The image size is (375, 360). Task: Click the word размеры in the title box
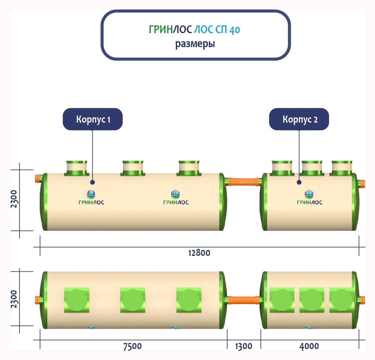click(x=195, y=44)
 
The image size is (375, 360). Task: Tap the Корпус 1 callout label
click(x=93, y=119)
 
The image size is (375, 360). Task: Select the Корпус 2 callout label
click(x=299, y=119)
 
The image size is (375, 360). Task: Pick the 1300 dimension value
click(x=243, y=346)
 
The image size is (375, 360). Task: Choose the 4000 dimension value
click(x=309, y=346)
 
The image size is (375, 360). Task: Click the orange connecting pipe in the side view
click(x=244, y=181)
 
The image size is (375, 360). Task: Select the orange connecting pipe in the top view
click(x=244, y=299)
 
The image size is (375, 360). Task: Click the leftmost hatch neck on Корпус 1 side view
click(x=76, y=168)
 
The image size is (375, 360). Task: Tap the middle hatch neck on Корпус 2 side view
click(x=312, y=168)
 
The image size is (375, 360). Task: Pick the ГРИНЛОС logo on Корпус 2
click(x=309, y=198)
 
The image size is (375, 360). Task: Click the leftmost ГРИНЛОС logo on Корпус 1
click(x=91, y=198)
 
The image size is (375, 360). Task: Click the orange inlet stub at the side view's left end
click(x=37, y=180)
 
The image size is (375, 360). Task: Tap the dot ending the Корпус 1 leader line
click(x=92, y=182)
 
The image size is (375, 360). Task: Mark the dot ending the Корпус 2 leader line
click(x=299, y=182)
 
